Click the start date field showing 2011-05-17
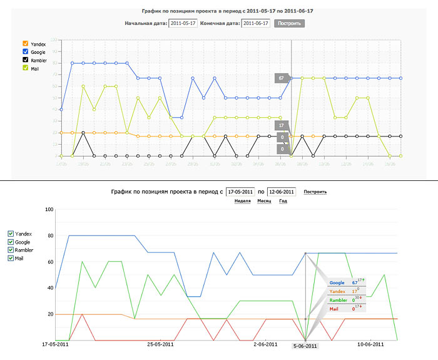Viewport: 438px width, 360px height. pyautogui.click(x=183, y=23)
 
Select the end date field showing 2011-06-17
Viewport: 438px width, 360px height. pyautogui.click(x=255, y=23)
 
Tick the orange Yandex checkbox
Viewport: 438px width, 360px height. pyautogui.click(x=26, y=43)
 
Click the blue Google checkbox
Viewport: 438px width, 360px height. pyautogui.click(x=26, y=51)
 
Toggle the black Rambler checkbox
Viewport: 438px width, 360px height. pyautogui.click(x=26, y=59)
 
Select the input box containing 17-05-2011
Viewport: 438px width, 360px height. pyautogui.click(x=240, y=192)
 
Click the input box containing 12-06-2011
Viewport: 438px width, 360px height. pyautogui.click(x=281, y=192)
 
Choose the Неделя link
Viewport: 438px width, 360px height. pyautogui.click(x=243, y=202)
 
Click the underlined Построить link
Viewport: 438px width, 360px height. pyautogui.click(x=315, y=192)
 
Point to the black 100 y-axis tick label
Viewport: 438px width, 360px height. pyautogui.click(x=48, y=209)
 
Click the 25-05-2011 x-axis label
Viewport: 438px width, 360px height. pyautogui.click(x=160, y=344)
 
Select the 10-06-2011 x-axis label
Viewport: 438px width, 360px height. pyautogui.click(x=370, y=344)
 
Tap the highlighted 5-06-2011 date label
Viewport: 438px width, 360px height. pyautogui.click(x=306, y=346)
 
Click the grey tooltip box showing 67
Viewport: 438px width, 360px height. pyautogui.click(x=282, y=78)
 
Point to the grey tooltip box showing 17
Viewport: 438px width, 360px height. pyautogui.click(x=282, y=125)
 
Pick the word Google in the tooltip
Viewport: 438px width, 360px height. pyautogui.click(x=337, y=282)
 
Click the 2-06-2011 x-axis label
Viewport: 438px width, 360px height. pyautogui.click(x=266, y=344)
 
